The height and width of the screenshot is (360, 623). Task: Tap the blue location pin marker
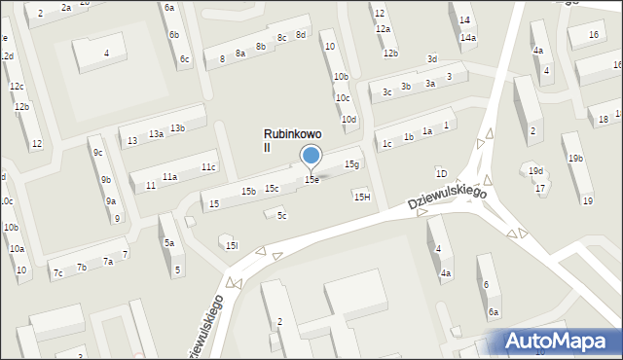[x=311, y=156]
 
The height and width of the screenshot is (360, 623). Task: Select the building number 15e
[x=311, y=180]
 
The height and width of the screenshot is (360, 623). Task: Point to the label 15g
[x=351, y=164]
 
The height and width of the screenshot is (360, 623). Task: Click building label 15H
[x=361, y=198]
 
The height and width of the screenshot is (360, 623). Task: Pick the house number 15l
[x=231, y=246]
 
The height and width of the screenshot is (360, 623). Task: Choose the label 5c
[x=281, y=215]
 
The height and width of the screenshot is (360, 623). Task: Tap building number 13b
[x=177, y=128]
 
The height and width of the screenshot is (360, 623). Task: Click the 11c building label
[x=208, y=167]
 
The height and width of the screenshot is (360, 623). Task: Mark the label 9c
[x=97, y=153]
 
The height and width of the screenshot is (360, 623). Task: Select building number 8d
[x=301, y=35]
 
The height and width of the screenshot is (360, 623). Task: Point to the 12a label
[x=383, y=29]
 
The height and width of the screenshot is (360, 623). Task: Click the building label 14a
[x=468, y=38]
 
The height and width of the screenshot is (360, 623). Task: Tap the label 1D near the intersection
[x=441, y=173]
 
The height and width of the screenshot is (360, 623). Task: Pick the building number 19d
[x=535, y=170]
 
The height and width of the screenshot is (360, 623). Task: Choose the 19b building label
[x=576, y=159]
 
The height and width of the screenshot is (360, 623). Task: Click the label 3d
[x=432, y=58]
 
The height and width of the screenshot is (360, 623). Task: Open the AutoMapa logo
[x=562, y=341]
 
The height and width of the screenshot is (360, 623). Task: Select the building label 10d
[x=348, y=119]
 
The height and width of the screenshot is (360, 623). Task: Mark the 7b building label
[x=82, y=268]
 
